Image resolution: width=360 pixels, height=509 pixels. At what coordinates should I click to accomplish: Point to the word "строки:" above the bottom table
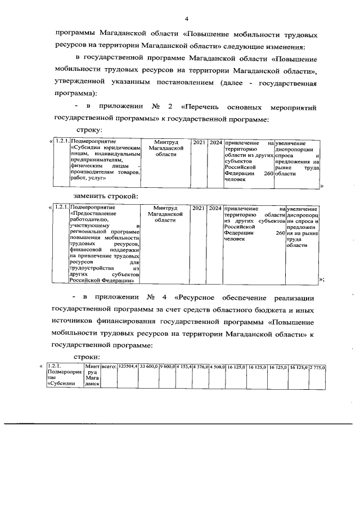(x=88, y=356)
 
